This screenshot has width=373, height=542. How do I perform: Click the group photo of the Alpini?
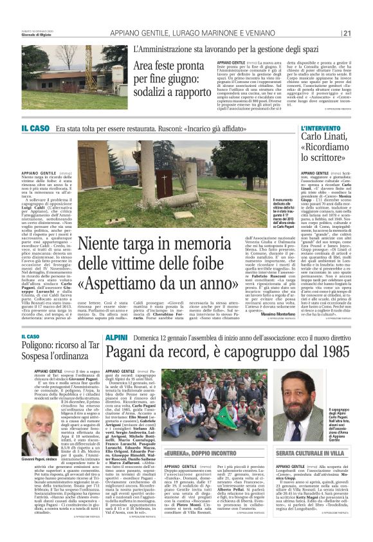click(x=202, y=411)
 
